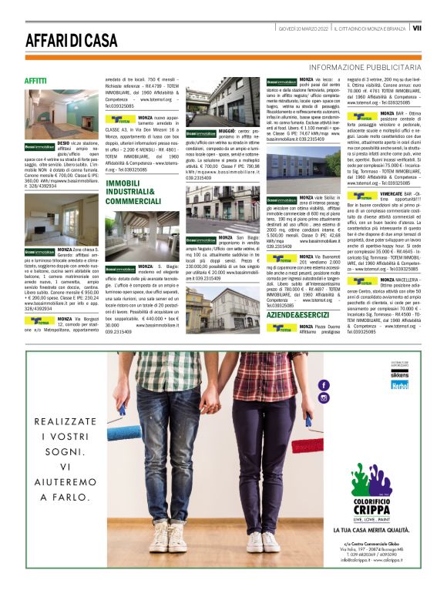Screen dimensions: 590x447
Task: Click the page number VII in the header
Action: point(417,28)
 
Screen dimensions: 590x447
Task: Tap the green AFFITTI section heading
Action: point(35,80)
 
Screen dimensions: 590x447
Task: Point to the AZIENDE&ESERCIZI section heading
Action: point(297,315)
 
